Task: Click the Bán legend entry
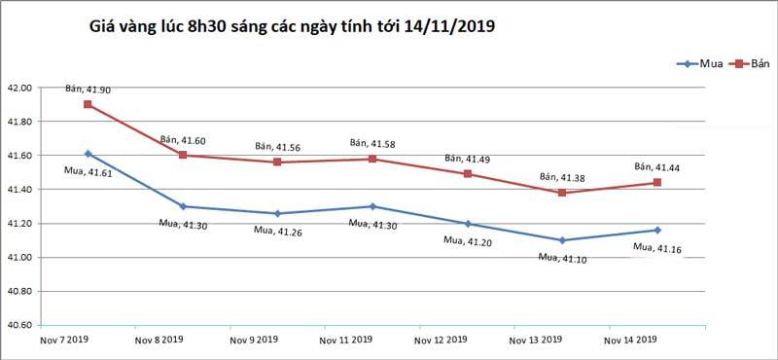point(750,64)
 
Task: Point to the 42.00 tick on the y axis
point(19,88)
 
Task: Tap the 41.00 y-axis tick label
point(19,258)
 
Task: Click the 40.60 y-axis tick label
point(19,325)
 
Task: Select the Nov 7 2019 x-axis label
point(64,341)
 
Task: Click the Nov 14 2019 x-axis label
point(631,341)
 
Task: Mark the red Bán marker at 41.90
point(88,104)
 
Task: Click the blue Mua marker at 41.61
point(88,154)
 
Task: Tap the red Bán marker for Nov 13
point(562,193)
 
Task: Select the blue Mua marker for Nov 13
point(562,240)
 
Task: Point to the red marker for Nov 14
point(657,183)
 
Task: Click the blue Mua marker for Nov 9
point(277,213)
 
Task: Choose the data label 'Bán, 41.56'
point(278,147)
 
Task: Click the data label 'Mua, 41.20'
point(467,239)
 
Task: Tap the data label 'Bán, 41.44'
point(657,166)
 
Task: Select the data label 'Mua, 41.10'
point(561,257)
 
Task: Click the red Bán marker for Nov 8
point(183,155)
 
